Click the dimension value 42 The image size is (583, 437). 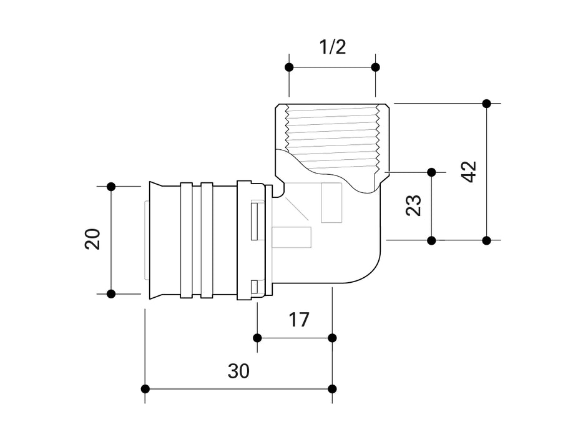coord(470,171)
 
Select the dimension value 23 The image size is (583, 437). coord(414,205)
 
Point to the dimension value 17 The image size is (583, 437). coord(299,320)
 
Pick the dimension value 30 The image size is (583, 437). coord(238,371)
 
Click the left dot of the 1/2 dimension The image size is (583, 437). coord(288,67)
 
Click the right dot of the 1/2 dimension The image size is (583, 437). coord(375,67)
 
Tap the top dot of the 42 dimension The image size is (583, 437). coord(487,103)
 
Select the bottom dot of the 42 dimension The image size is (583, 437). coord(487,240)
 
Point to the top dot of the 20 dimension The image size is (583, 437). coord(111,186)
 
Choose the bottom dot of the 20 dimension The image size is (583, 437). coord(111,293)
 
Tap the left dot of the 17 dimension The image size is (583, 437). coord(257,338)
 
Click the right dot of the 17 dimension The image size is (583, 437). coord(332,338)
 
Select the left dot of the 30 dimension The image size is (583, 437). coord(145,389)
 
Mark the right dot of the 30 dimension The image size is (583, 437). coord(332,389)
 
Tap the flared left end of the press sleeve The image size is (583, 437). coord(155,240)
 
